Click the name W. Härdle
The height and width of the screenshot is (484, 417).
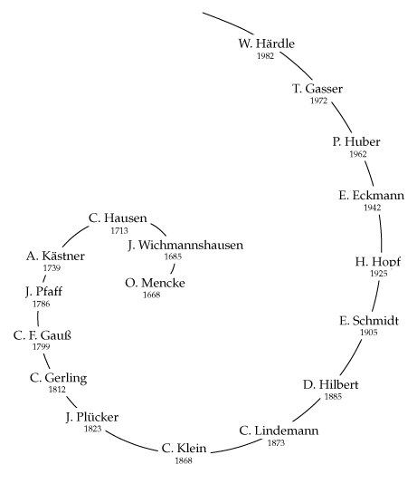click(267, 44)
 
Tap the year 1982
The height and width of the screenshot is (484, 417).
click(265, 56)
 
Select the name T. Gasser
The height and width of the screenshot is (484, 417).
click(317, 89)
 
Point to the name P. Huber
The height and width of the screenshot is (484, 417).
click(356, 141)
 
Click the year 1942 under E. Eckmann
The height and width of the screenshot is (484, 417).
click(373, 208)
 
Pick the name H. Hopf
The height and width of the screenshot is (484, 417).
click(377, 261)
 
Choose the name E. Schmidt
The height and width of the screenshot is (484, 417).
click(369, 321)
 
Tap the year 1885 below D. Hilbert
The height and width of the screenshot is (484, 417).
click(333, 396)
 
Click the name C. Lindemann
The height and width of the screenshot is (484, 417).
click(279, 431)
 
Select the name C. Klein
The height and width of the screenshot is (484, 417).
click(184, 448)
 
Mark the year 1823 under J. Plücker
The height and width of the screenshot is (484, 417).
click(92, 429)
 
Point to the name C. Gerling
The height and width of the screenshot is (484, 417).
click(59, 378)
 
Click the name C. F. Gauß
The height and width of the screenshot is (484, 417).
click(43, 335)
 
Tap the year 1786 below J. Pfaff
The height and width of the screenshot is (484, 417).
click(42, 304)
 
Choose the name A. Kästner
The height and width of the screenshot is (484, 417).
click(55, 256)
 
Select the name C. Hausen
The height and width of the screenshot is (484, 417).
click(118, 218)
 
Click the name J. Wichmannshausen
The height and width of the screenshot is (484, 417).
click(185, 245)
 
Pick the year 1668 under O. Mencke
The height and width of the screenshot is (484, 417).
click(152, 295)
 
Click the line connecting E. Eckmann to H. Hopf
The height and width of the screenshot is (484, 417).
click(381, 233)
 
